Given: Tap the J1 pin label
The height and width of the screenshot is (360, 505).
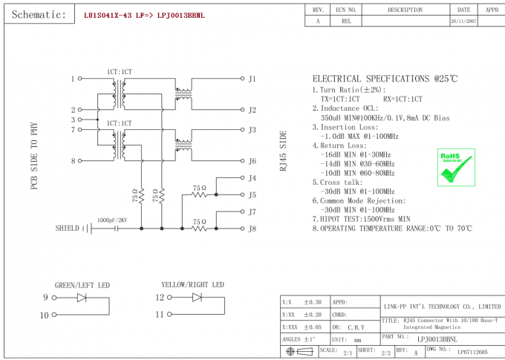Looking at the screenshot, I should point(252,79).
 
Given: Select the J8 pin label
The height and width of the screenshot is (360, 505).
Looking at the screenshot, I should point(252,229).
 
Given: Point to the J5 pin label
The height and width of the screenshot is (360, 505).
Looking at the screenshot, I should point(252,195).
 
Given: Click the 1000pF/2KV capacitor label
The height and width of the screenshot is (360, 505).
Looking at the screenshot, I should point(112,220).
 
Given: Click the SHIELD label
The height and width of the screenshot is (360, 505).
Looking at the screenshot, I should point(67,229).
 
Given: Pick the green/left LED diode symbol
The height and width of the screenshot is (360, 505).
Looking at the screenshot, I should point(82,298).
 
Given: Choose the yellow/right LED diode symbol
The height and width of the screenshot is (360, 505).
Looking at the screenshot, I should point(198,298).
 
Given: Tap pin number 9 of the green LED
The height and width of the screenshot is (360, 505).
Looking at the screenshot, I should point(45,298).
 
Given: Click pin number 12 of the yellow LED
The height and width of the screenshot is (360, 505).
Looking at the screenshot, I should point(160,298).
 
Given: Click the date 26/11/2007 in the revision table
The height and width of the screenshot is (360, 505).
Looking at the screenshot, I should point(463,22).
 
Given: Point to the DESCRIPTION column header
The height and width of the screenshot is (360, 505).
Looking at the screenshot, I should point(405,10).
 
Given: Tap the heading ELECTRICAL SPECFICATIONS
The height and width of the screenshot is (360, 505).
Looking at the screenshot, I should point(384,79).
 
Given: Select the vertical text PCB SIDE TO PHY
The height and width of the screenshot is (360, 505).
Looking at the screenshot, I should point(34,156).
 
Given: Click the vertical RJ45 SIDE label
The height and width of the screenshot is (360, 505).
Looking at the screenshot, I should point(282,151).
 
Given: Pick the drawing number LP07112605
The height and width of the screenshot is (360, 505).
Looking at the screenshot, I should point(472,351).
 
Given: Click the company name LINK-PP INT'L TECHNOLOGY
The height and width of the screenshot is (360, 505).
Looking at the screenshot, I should point(441,306).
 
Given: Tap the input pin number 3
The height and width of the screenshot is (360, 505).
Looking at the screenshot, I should point(73,120).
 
